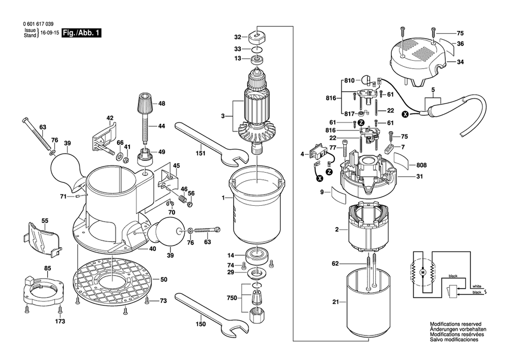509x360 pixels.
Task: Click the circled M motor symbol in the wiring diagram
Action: coord(422,273)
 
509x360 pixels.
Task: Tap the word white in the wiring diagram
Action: coord(476,286)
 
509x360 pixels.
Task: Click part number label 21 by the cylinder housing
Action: coord(335,302)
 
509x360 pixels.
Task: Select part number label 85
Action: coord(47,268)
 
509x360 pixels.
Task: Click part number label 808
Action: coord(421,164)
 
